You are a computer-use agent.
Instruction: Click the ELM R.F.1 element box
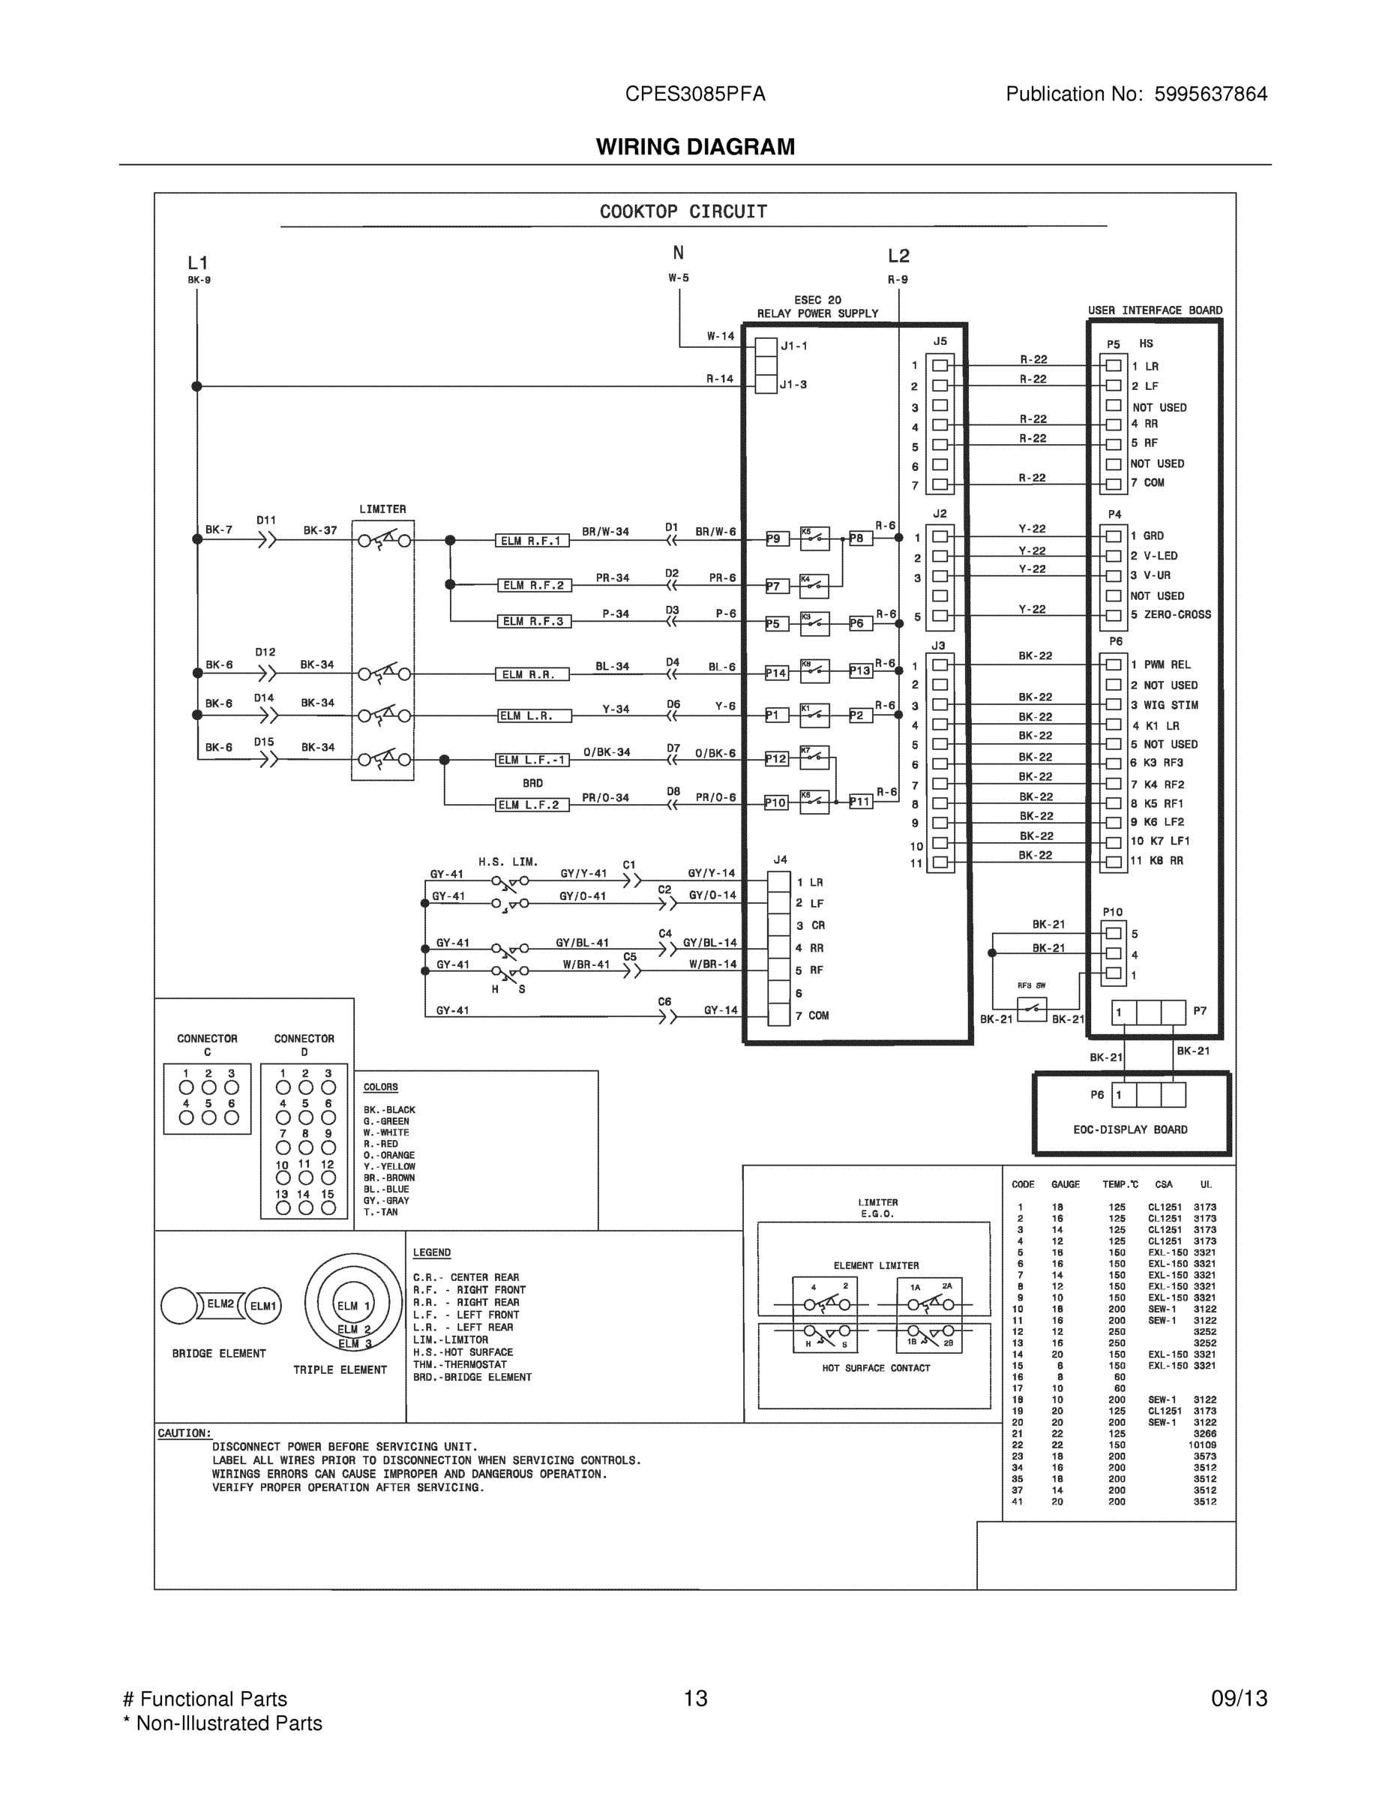coord(532,541)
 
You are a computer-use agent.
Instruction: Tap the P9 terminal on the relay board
coord(775,539)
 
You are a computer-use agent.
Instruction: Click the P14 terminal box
coord(776,673)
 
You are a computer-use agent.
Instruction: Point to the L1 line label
coord(198,263)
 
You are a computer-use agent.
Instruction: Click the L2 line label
coord(898,256)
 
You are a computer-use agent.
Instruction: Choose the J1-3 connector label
coord(793,385)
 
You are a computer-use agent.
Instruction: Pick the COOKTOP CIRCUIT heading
coord(683,211)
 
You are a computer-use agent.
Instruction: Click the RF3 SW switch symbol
coord(1032,1009)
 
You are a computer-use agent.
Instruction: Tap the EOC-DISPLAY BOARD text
coord(1130,1130)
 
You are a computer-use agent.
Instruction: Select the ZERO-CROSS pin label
coord(1177,615)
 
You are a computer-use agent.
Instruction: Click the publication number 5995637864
coord(1210,94)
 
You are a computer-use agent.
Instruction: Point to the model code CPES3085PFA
coord(694,94)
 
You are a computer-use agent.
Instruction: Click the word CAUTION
coord(184,1433)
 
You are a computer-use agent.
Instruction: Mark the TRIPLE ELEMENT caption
coord(340,1369)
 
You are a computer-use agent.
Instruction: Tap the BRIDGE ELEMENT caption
coord(218,1353)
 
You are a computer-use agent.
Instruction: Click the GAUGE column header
coord(1065,1184)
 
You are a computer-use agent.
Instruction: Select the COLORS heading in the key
coord(381,1087)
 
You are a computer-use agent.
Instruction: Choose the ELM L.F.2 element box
coord(532,805)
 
